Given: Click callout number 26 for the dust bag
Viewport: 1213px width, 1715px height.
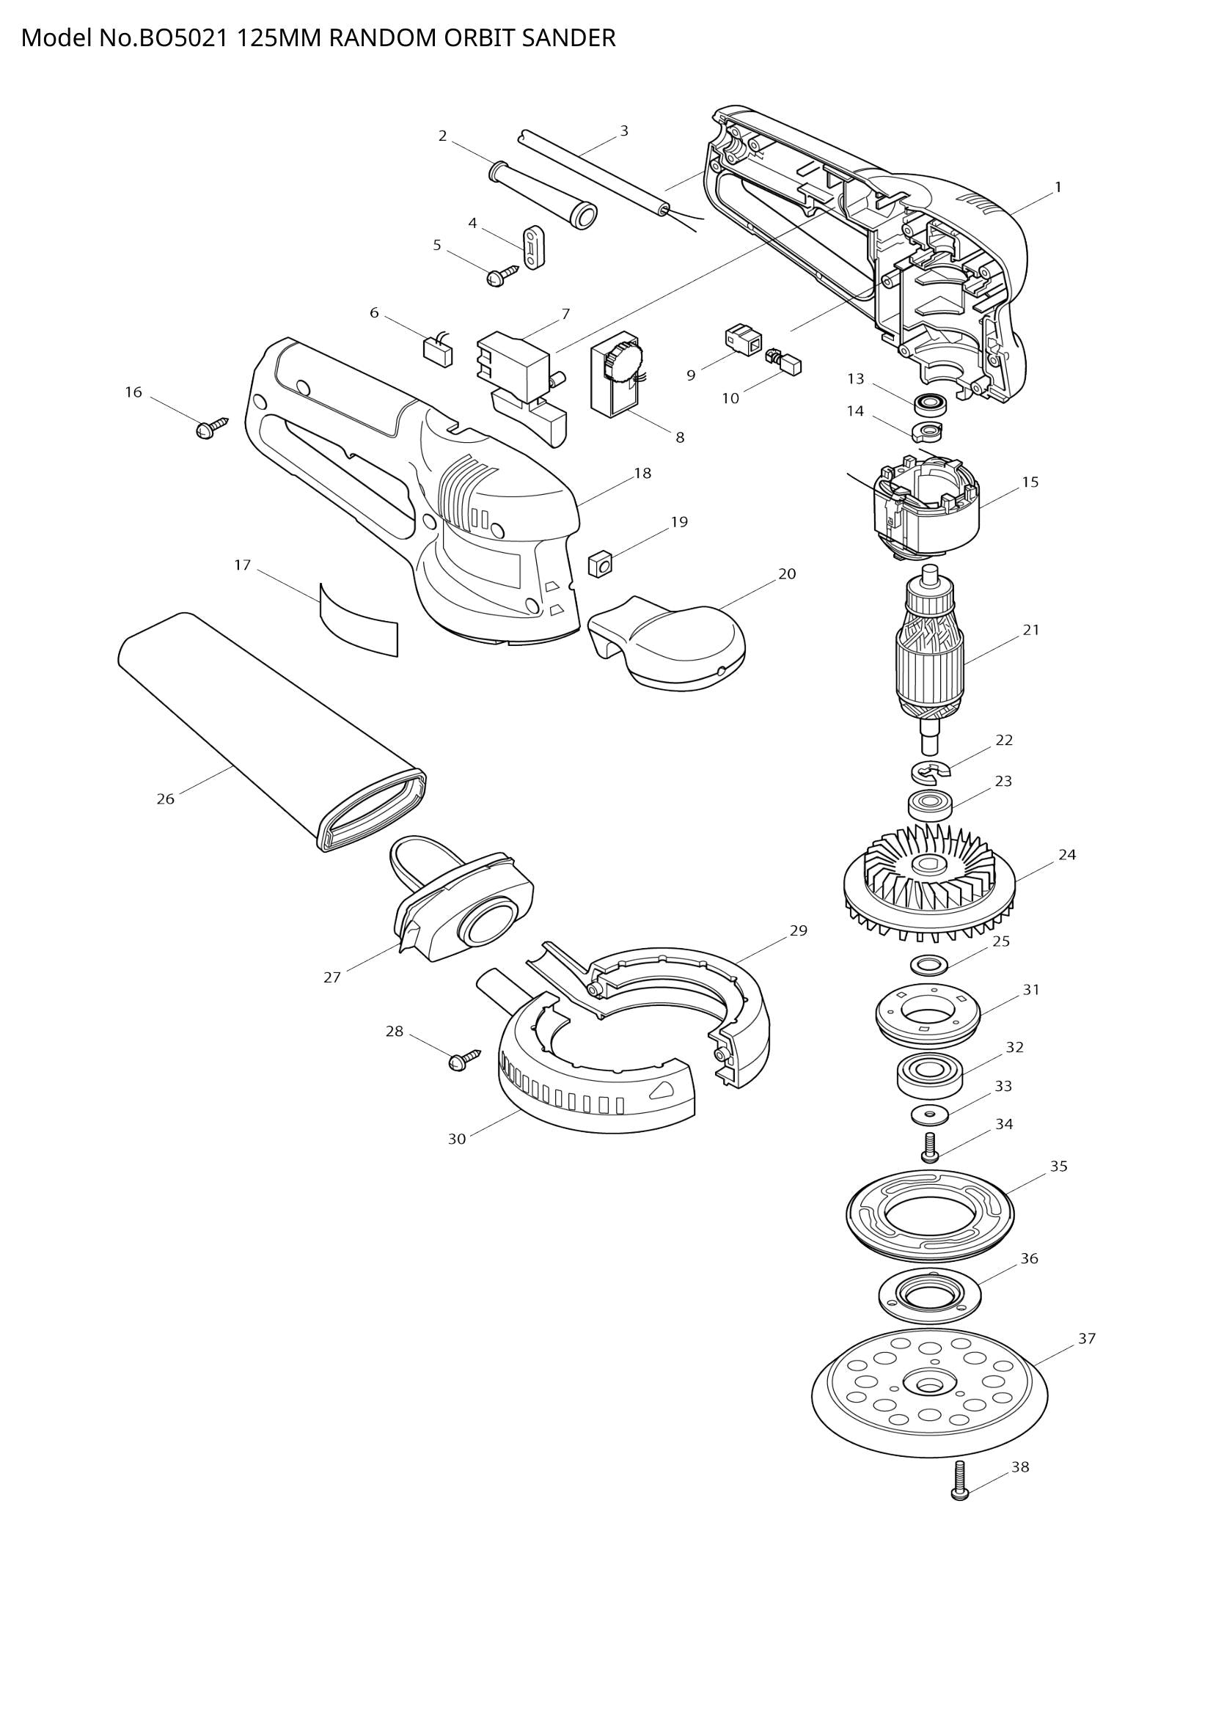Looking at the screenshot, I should coord(165,799).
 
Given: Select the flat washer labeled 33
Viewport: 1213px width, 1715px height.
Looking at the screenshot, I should coord(930,1115).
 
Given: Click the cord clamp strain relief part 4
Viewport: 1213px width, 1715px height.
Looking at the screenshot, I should coord(534,246).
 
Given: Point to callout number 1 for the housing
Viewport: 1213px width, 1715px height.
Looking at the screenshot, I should coord(1058,188).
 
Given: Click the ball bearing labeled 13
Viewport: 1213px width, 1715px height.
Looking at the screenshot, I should coord(931,404).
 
